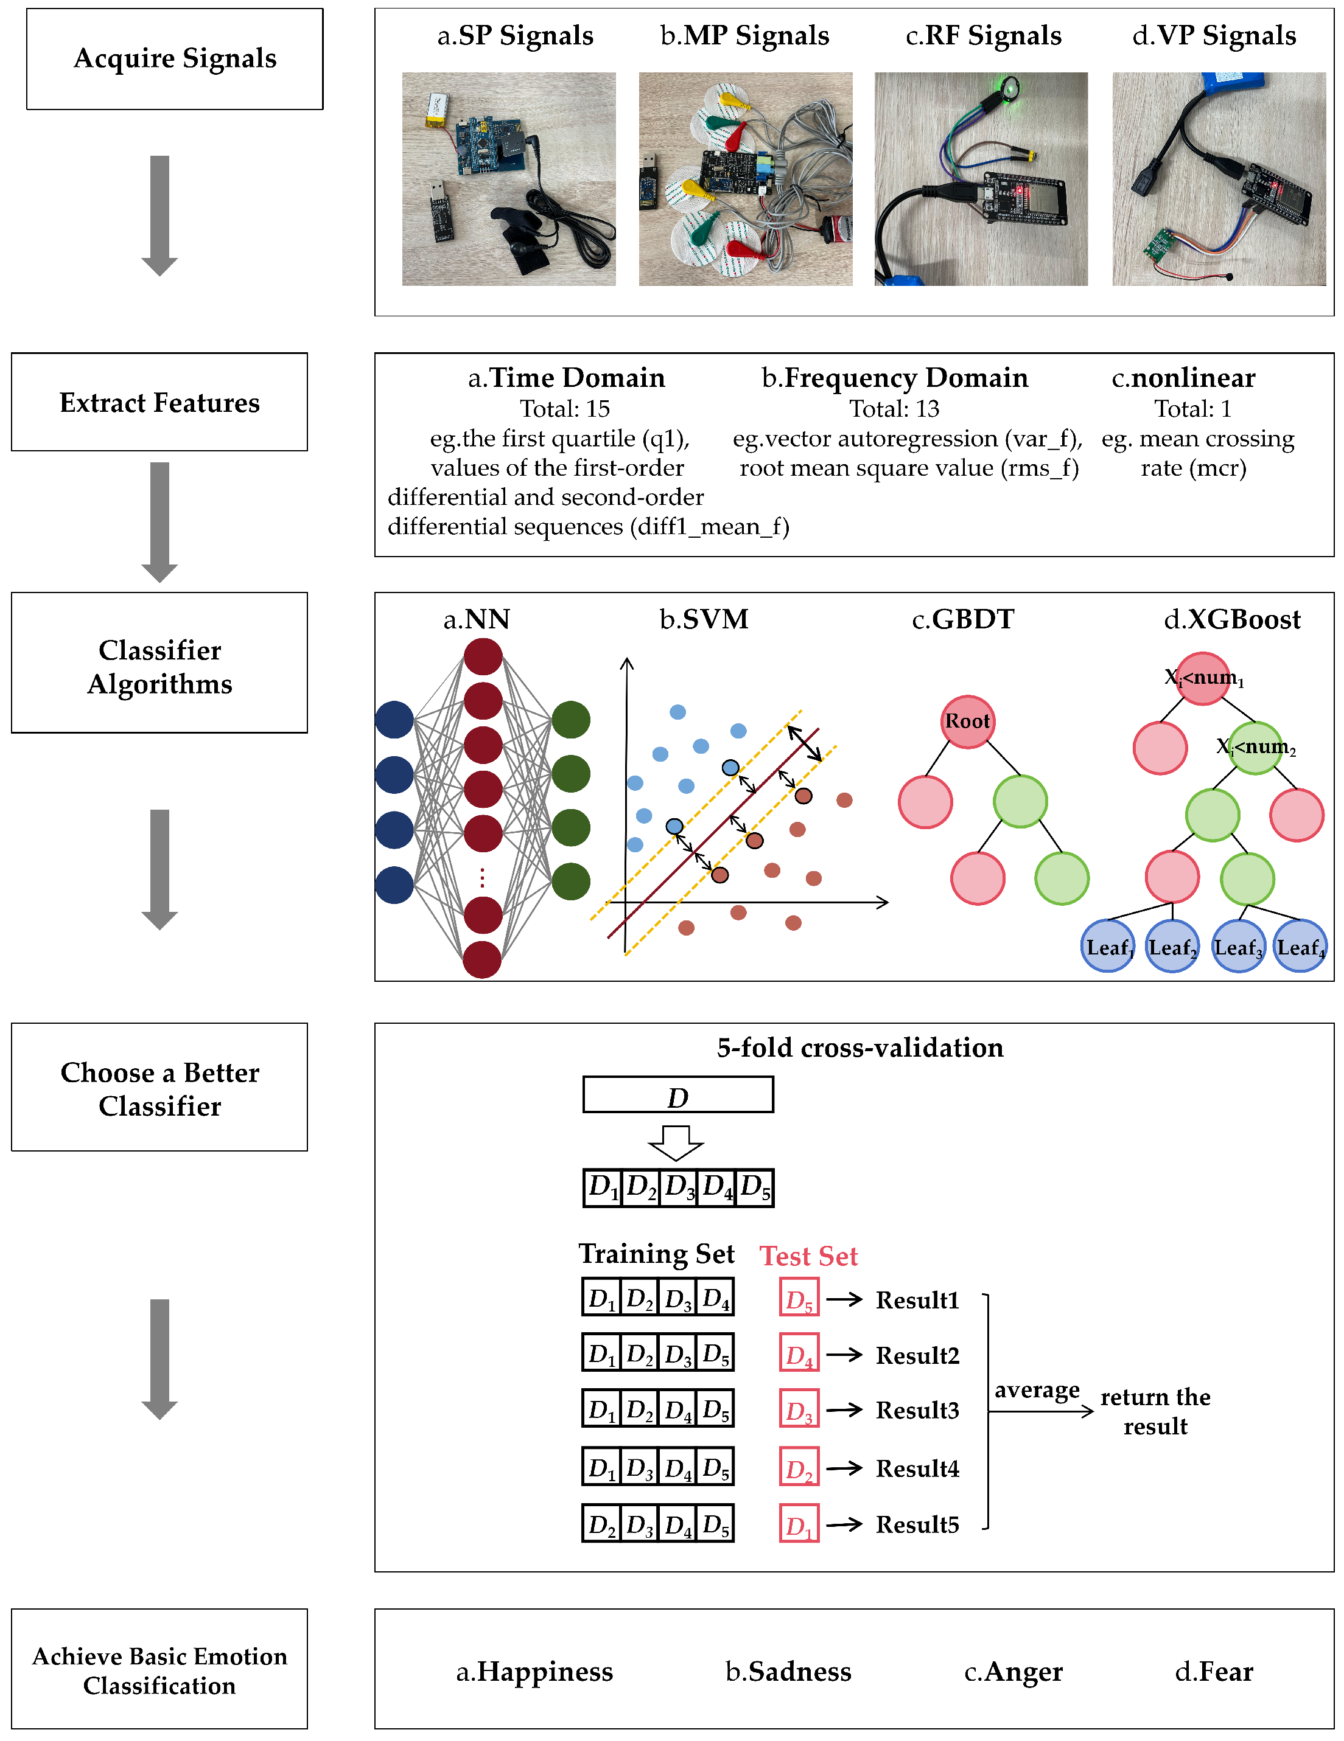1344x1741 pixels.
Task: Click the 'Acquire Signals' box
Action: [175, 59]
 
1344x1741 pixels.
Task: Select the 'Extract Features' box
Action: [159, 403]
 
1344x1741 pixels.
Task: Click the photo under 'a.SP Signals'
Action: [509, 179]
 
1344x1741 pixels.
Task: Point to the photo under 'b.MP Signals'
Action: [745, 179]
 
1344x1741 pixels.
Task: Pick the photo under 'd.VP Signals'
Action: [1219, 179]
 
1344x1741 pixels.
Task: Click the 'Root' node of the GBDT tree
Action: [967, 721]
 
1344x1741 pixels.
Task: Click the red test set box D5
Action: [799, 1300]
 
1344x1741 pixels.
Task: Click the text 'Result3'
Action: [917, 1411]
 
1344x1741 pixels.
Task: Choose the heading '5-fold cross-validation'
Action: [860, 1048]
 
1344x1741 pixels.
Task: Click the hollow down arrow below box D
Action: [676, 1143]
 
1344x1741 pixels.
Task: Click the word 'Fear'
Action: [1226, 1671]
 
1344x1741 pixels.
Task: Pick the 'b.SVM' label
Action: [704, 619]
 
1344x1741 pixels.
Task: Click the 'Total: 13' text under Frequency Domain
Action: [894, 409]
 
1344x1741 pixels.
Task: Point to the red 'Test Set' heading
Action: [808, 1256]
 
